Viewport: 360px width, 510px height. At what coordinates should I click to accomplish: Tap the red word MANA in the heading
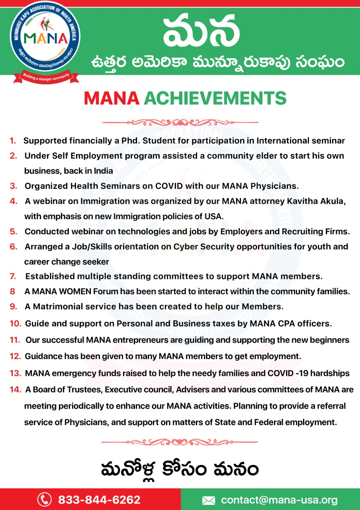pos(111,98)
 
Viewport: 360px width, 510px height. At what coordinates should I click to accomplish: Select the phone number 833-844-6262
pos(99,500)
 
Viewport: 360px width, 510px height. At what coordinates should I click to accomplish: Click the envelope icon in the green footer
pos(209,500)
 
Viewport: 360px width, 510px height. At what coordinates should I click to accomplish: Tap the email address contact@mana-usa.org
pos(279,500)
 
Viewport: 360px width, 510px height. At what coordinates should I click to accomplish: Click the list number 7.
pos(13,276)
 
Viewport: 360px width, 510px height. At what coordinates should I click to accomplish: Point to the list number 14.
pos(16,390)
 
